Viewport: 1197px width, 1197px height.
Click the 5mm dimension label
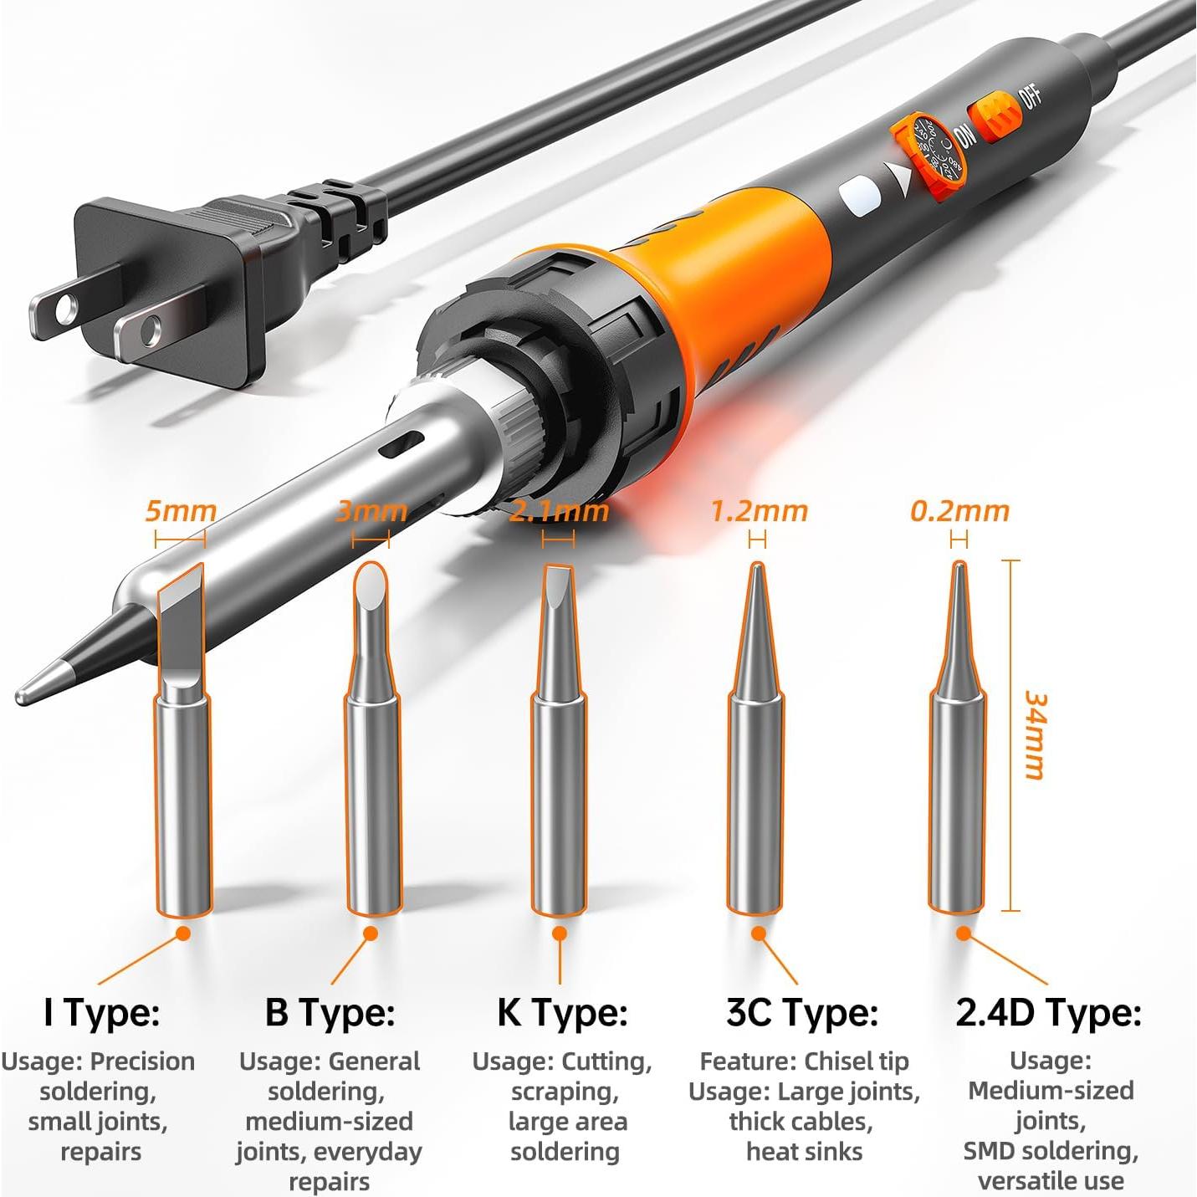180,511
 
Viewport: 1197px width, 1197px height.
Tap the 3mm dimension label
371,511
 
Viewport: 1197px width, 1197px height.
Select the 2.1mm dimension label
559,511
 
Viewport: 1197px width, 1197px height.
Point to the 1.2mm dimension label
759,511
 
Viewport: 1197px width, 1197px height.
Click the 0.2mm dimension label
959,511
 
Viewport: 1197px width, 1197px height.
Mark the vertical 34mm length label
1036,735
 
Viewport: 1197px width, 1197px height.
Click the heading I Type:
101,1013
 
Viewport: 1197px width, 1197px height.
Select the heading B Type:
330,1013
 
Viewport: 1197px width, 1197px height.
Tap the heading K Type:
562,1013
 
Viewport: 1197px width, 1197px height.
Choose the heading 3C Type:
802,1013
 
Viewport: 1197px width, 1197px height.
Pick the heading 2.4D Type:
1048,1013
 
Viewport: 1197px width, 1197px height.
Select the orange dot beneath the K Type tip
560,933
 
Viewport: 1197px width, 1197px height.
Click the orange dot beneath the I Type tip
182,933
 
